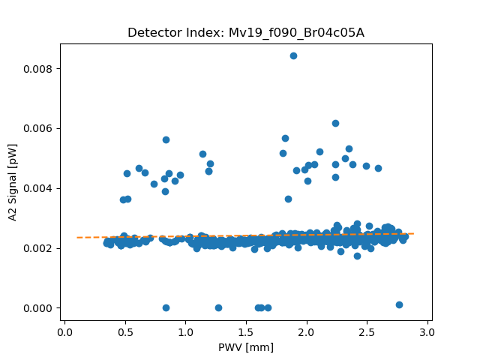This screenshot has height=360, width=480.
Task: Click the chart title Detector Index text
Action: click(x=246, y=33)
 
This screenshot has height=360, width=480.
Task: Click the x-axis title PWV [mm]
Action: click(x=246, y=347)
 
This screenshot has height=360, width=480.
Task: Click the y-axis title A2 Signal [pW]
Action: click(x=13, y=182)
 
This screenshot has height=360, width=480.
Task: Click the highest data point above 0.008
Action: click(x=293, y=55)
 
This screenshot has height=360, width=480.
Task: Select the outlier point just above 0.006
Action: click(x=335, y=123)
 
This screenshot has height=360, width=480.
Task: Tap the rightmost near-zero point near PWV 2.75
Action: click(x=399, y=304)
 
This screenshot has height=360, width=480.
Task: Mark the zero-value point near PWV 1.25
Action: click(x=218, y=307)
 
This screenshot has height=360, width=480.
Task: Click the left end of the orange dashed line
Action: click(x=77, y=237)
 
